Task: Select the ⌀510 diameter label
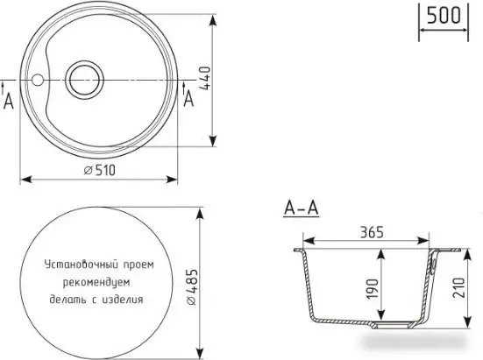(x=102, y=170)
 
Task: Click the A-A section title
(x=301, y=208)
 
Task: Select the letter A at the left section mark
(x=9, y=101)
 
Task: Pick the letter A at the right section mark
(x=188, y=99)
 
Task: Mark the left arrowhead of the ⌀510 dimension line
(x=24, y=180)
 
